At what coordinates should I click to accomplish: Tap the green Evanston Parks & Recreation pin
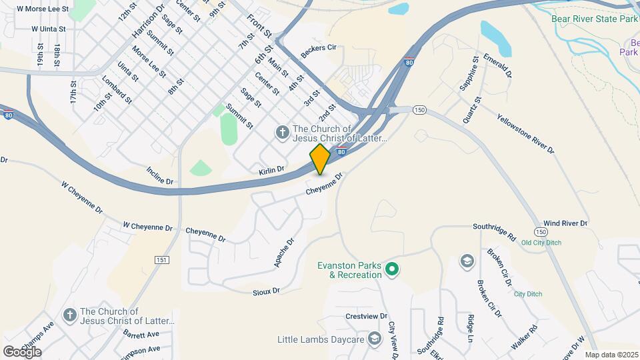pos(393,270)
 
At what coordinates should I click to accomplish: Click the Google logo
pos(22,351)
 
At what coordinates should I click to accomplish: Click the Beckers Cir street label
pos(319,51)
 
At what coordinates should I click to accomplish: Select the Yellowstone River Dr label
pos(525,133)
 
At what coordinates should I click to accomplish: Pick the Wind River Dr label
pos(565,223)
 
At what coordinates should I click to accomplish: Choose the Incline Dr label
pos(159,175)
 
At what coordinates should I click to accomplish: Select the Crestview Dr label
pos(366,316)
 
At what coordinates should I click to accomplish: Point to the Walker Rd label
pos(524,337)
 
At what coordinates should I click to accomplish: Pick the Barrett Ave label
pos(141,335)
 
